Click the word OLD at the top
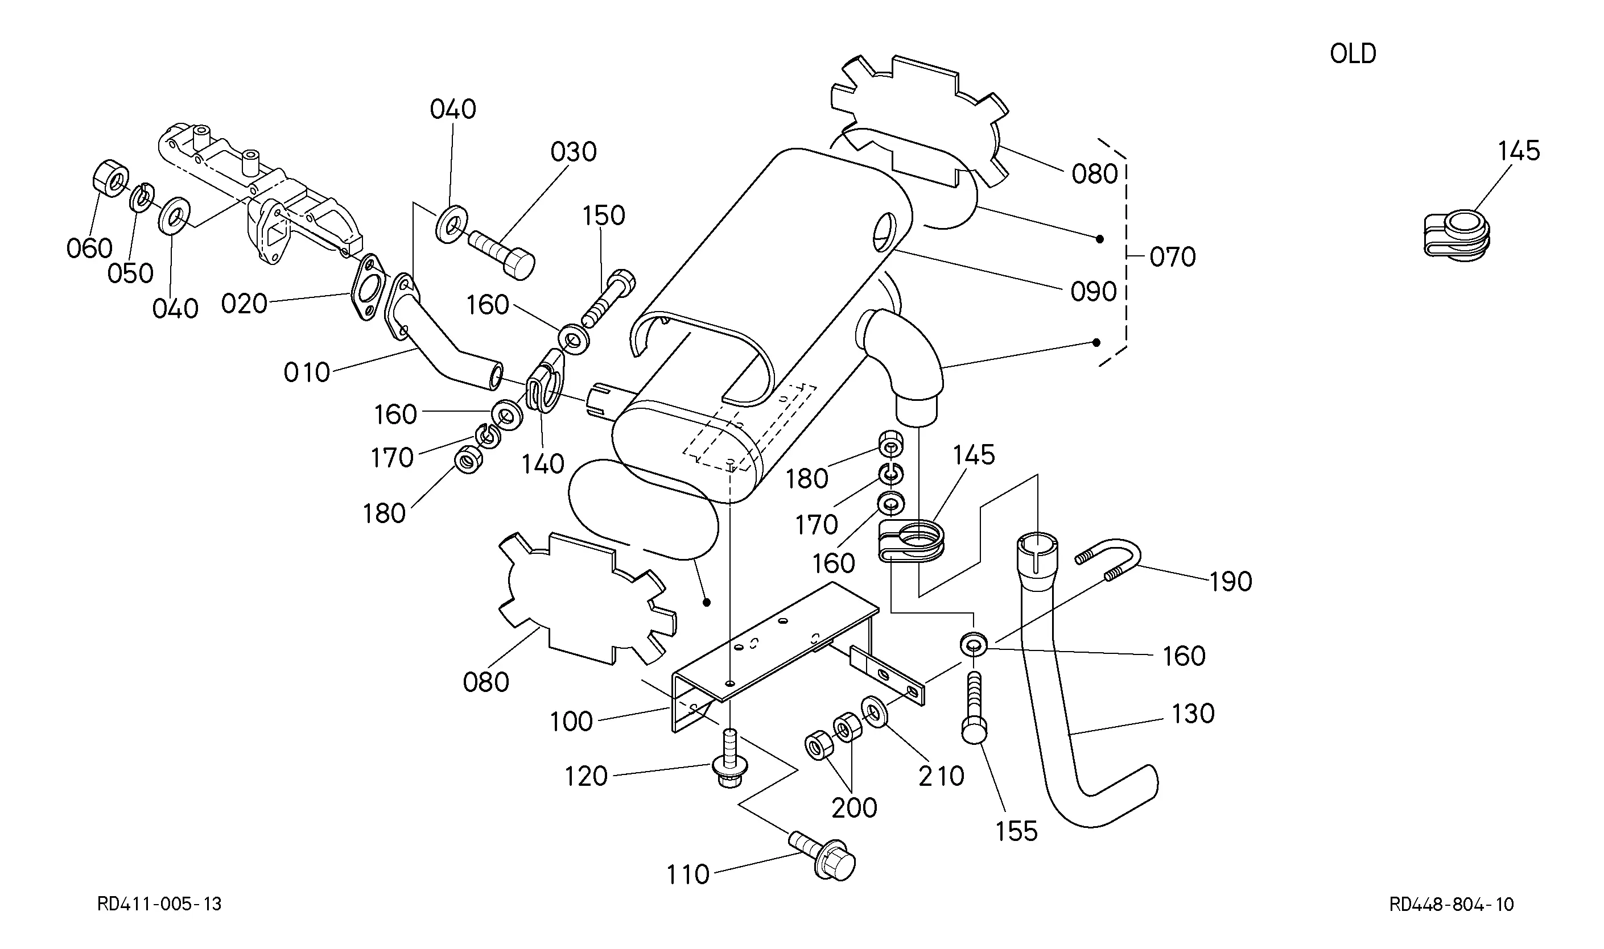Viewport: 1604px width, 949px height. click(1353, 53)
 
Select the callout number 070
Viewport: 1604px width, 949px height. click(1172, 257)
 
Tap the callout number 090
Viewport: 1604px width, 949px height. click(1093, 292)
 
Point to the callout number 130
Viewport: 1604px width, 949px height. click(1193, 714)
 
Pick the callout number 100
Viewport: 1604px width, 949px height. click(571, 722)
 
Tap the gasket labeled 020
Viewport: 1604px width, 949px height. click(369, 287)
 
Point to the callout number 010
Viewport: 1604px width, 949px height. click(307, 372)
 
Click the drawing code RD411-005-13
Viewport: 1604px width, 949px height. click(159, 904)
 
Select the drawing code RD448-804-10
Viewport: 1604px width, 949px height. click(1452, 904)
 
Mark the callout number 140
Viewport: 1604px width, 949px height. click(543, 465)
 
